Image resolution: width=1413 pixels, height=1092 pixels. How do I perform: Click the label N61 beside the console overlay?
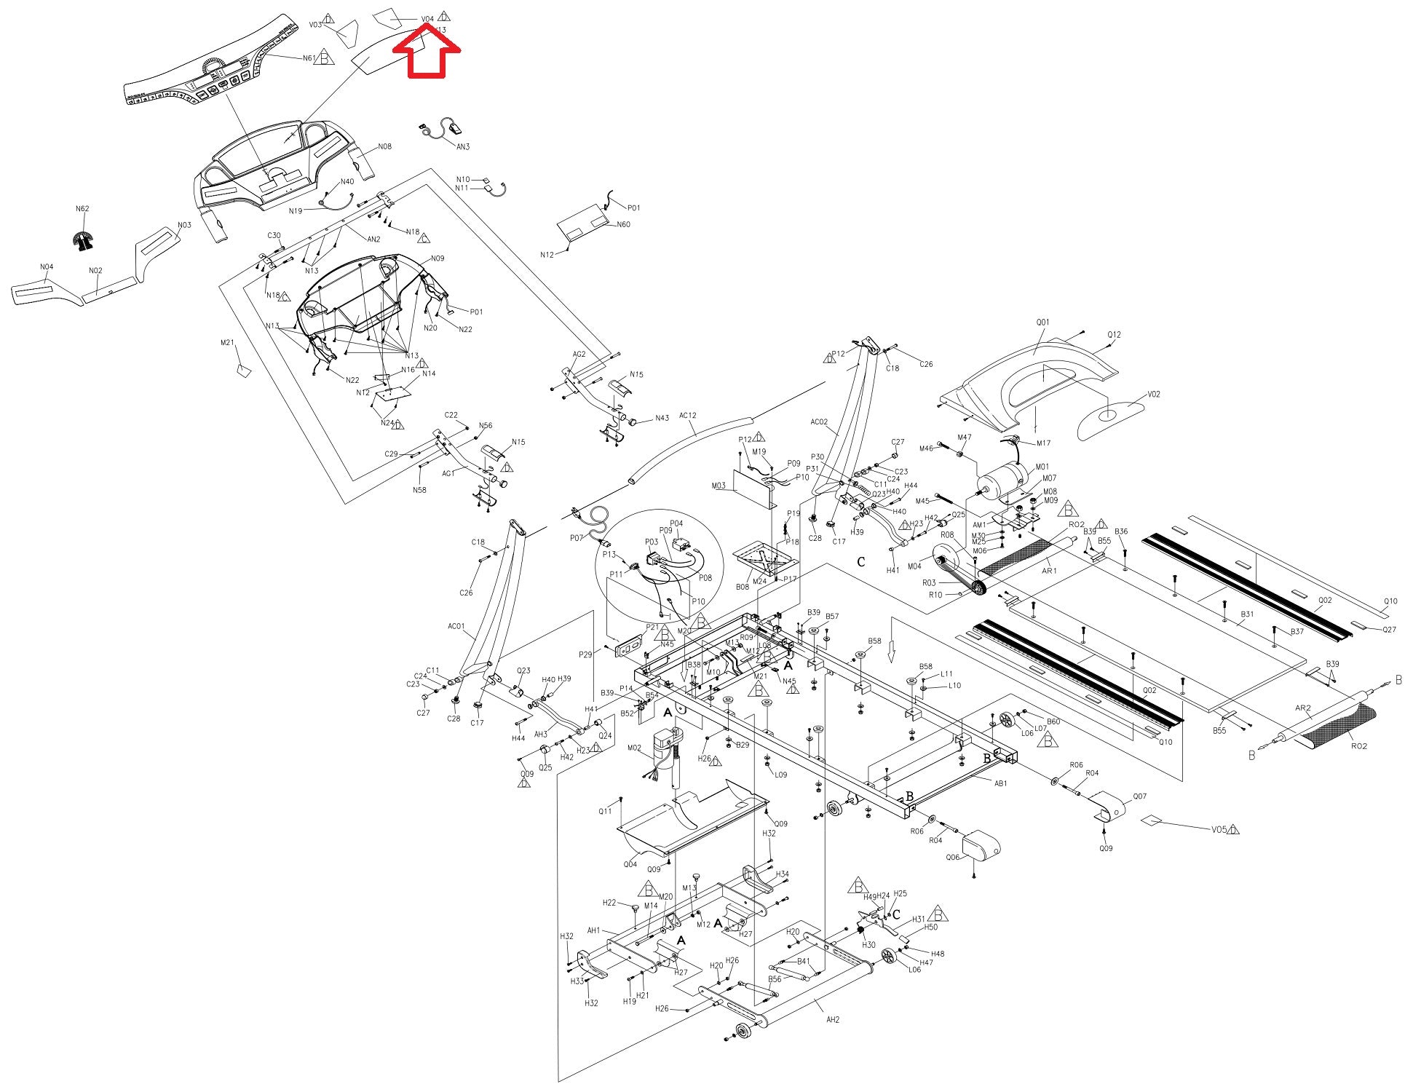309,58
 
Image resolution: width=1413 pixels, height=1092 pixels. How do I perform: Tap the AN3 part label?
463,146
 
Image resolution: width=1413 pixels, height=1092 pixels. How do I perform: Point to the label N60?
623,224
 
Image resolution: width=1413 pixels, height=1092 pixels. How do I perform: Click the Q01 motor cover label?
1042,322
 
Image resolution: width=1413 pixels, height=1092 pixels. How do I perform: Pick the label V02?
1153,395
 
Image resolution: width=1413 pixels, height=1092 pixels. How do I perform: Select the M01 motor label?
1042,467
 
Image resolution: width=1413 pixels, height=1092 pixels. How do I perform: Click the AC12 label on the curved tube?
687,416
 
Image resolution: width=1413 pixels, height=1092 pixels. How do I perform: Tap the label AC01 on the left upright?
456,626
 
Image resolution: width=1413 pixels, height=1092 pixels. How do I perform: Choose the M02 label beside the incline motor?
633,748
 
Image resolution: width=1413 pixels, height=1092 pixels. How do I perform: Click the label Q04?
630,865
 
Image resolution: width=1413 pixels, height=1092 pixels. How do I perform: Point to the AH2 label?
833,1019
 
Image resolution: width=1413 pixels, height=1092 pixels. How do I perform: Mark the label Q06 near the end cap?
953,858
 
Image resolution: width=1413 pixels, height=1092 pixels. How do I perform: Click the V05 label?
1219,829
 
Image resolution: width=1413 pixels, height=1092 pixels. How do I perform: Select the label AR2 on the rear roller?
1302,708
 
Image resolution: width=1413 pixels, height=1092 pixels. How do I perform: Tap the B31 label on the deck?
1247,614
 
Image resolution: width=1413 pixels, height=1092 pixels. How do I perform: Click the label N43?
661,419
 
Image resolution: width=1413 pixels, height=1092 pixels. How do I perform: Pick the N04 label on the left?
47,267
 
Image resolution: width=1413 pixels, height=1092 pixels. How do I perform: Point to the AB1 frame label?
1001,783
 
